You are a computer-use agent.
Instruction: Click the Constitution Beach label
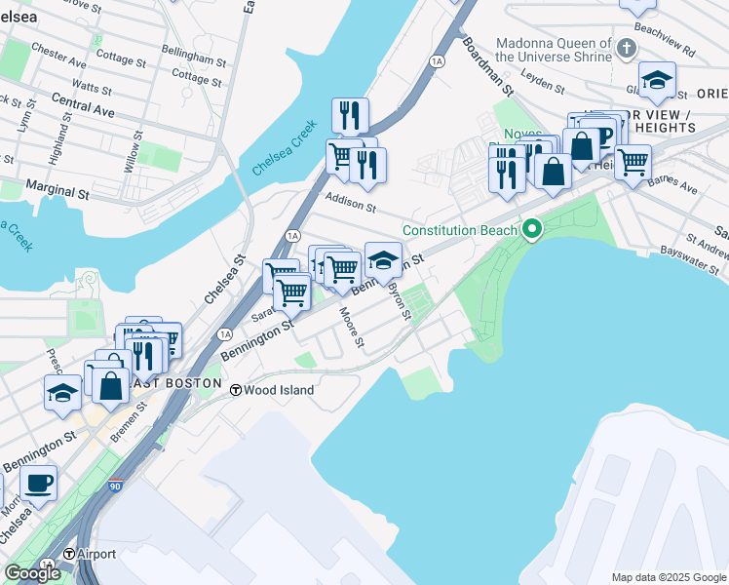click(x=462, y=231)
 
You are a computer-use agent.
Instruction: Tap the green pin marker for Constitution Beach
click(x=531, y=231)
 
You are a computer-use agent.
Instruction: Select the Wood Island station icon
click(x=235, y=390)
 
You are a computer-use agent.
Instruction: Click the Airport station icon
click(x=69, y=554)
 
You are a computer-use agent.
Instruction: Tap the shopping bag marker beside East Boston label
click(x=112, y=384)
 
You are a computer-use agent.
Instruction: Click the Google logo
click(x=32, y=573)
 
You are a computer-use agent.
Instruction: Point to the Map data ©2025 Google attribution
click(x=668, y=577)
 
